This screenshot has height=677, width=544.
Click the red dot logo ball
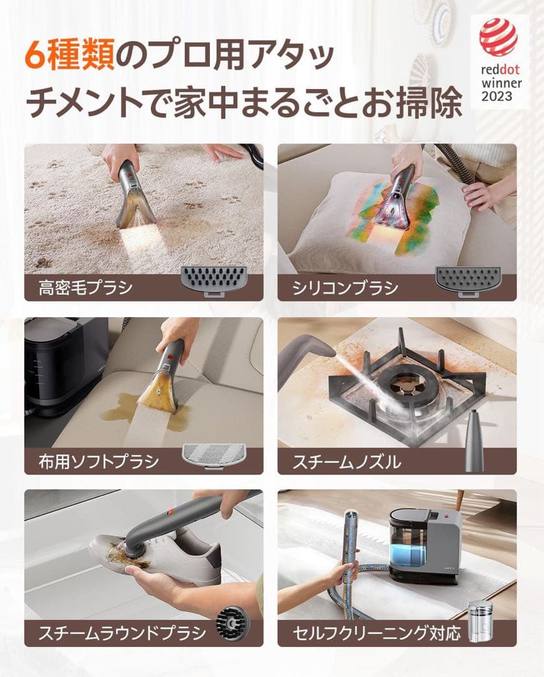pyautogui.click(x=498, y=37)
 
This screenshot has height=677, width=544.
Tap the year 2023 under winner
pyautogui.click(x=497, y=97)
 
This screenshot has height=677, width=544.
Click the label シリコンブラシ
pyautogui.click(x=345, y=288)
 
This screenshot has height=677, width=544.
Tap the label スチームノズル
pyautogui.click(x=347, y=462)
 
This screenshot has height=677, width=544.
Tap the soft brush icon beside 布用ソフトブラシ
pyautogui.click(x=213, y=453)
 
